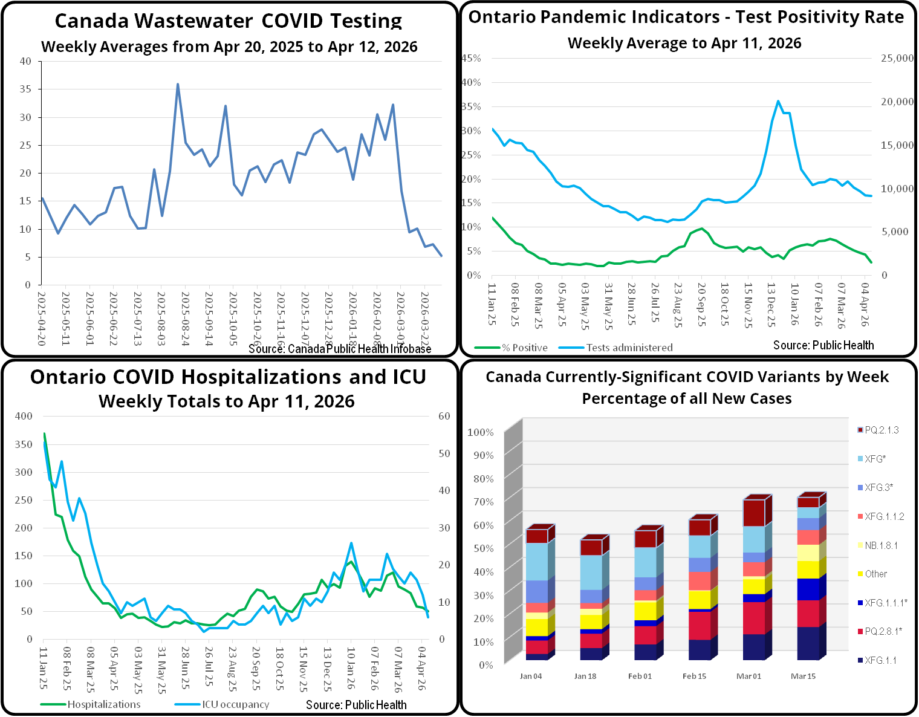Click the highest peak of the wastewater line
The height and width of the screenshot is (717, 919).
(178, 85)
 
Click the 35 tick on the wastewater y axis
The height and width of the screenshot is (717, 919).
(25, 89)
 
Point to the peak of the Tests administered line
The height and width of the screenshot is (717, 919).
(778, 102)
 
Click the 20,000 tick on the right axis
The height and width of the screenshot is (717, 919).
(897, 102)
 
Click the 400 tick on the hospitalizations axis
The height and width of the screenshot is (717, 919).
(24, 416)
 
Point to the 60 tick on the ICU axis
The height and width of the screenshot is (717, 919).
(444, 416)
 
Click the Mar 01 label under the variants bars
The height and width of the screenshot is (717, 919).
(749, 676)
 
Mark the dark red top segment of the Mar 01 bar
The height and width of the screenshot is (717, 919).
(753, 513)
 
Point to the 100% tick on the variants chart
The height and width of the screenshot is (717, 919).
(481, 432)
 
